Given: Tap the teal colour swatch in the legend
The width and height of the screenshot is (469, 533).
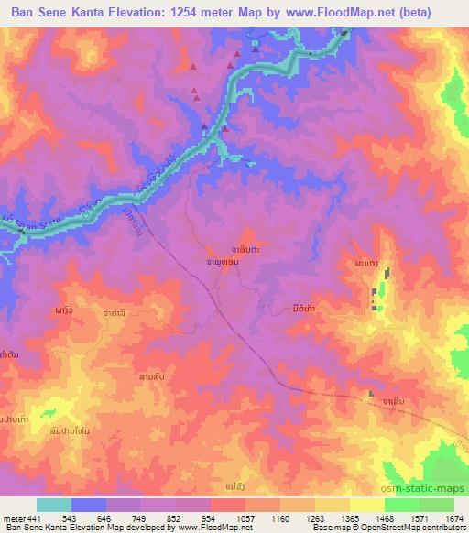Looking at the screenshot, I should (x=54, y=505).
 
